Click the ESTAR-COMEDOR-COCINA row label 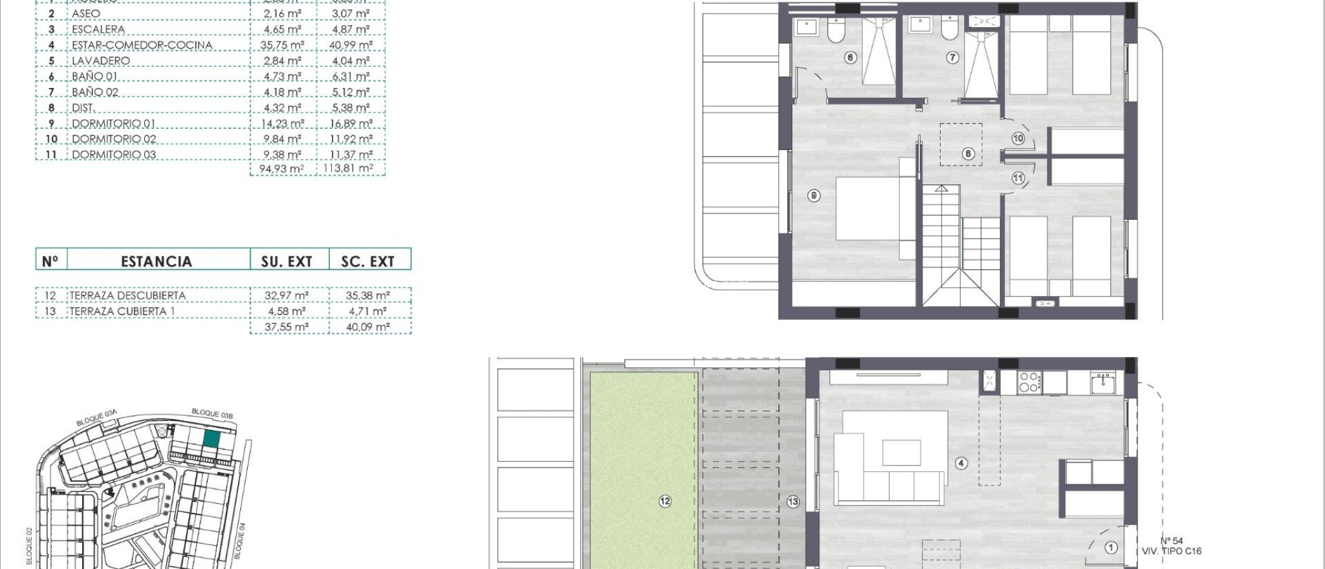tap(142, 45)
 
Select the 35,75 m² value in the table tap(282, 45)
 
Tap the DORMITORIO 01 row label tap(113, 123)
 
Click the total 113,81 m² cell tap(348, 168)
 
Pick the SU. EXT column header tap(287, 261)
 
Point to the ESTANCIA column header tap(157, 261)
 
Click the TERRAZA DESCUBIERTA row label tap(127, 295)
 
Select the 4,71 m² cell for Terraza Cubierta tap(367, 311)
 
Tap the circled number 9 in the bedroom tap(814, 195)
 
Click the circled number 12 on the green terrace tap(665, 501)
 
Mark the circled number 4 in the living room tap(961, 463)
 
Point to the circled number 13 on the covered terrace tap(793, 502)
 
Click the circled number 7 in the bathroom tap(952, 58)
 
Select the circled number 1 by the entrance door tap(1111, 548)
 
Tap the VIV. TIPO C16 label tap(1172, 551)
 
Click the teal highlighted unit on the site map tap(212, 439)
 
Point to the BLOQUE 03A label tap(96, 418)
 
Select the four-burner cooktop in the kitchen tap(1029, 382)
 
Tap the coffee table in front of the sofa tap(901, 453)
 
